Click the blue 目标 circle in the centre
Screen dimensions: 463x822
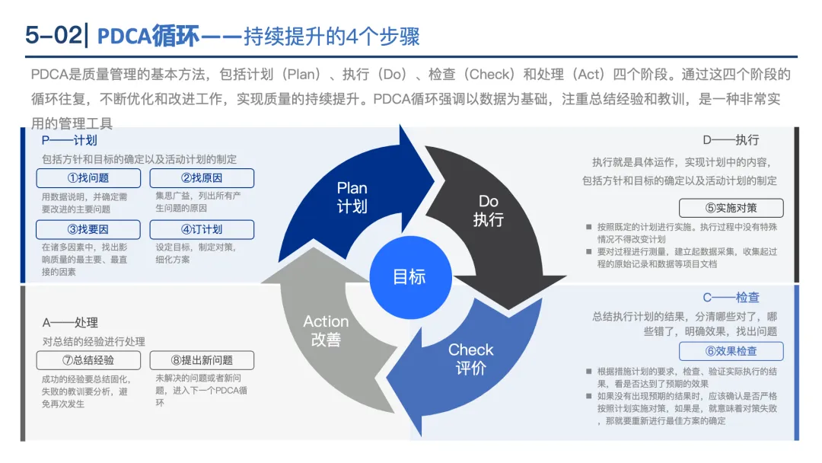click(x=409, y=276)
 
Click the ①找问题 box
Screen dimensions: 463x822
click(x=88, y=178)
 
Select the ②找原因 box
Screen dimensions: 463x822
click(x=202, y=178)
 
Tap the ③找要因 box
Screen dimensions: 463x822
click(x=88, y=229)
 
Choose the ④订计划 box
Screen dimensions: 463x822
click(x=202, y=229)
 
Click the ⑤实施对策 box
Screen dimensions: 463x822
click(x=731, y=208)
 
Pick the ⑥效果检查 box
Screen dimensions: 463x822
click(x=731, y=351)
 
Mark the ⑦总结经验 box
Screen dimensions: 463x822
click(x=88, y=360)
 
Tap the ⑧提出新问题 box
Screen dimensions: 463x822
click(x=202, y=360)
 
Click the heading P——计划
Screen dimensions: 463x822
click(x=70, y=140)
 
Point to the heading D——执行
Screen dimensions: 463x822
click(x=731, y=140)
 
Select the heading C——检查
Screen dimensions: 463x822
click(x=731, y=297)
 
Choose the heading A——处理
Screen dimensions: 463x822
click(x=70, y=323)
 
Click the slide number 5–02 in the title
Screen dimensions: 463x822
click(x=53, y=36)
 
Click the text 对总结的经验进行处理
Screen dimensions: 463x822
click(x=94, y=342)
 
